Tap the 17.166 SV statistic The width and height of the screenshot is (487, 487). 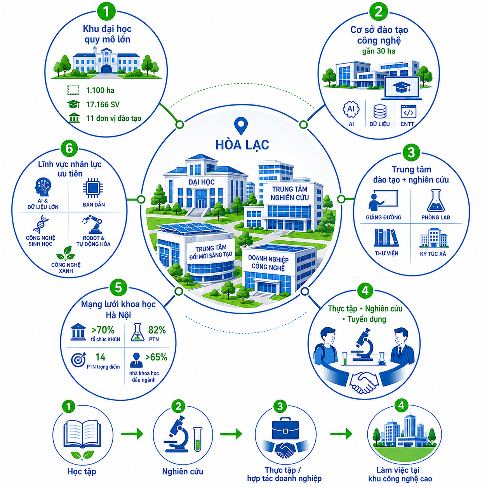pyautogui.click(x=103, y=104)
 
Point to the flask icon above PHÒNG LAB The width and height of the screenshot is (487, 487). pyautogui.click(x=436, y=201)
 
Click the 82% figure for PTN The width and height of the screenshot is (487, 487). pyautogui.click(x=157, y=330)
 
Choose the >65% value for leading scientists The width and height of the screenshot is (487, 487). pyautogui.click(x=156, y=357)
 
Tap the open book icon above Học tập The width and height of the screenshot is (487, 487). pyautogui.click(x=82, y=434)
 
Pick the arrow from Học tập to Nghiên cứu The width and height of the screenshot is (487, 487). pyautogui.click(x=132, y=434)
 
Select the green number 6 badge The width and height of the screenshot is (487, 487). pyautogui.click(x=69, y=149)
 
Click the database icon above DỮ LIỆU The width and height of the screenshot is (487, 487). pyautogui.click(x=379, y=111)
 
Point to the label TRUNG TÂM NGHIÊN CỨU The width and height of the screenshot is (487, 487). pyautogui.click(x=290, y=193)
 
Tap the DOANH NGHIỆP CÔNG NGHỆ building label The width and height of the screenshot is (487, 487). pyautogui.click(x=268, y=263)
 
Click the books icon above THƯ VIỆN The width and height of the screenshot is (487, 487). pyautogui.click(x=386, y=238)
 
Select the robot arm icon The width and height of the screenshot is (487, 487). pyautogui.click(x=92, y=224)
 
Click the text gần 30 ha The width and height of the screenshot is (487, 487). pyautogui.click(x=379, y=51)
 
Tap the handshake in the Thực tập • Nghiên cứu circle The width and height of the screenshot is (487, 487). pyautogui.click(x=364, y=383)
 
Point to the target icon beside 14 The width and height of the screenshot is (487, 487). pyautogui.click(x=78, y=360)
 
